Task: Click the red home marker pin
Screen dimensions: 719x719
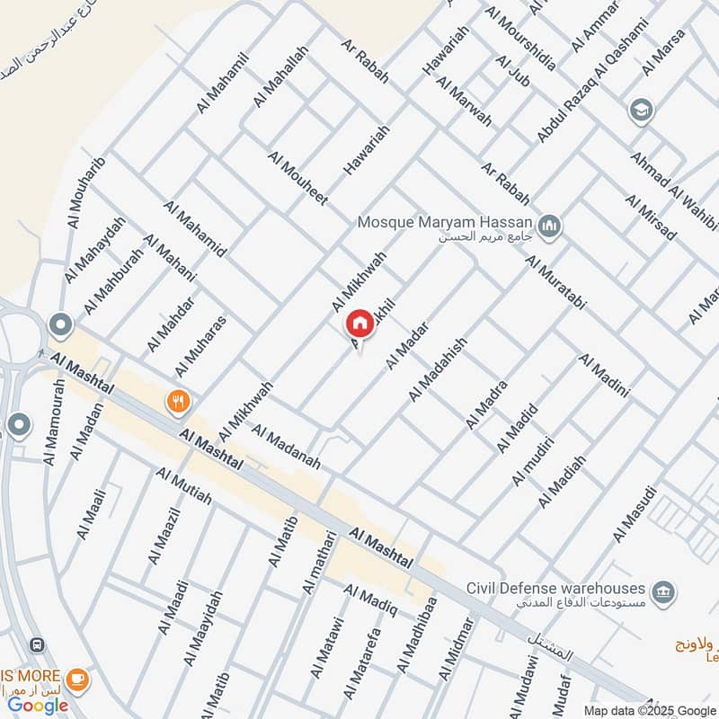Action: click(x=359, y=323)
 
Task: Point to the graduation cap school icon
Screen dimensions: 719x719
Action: click(x=643, y=109)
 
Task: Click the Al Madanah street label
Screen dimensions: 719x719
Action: click(x=287, y=447)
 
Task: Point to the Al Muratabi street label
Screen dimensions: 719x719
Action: click(x=555, y=282)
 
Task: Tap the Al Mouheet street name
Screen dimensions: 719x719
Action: click(x=297, y=178)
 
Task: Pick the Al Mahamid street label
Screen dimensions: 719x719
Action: click(x=195, y=228)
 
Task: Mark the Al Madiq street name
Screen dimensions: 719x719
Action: click(x=371, y=601)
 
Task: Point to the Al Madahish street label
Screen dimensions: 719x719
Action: click(x=438, y=369)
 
